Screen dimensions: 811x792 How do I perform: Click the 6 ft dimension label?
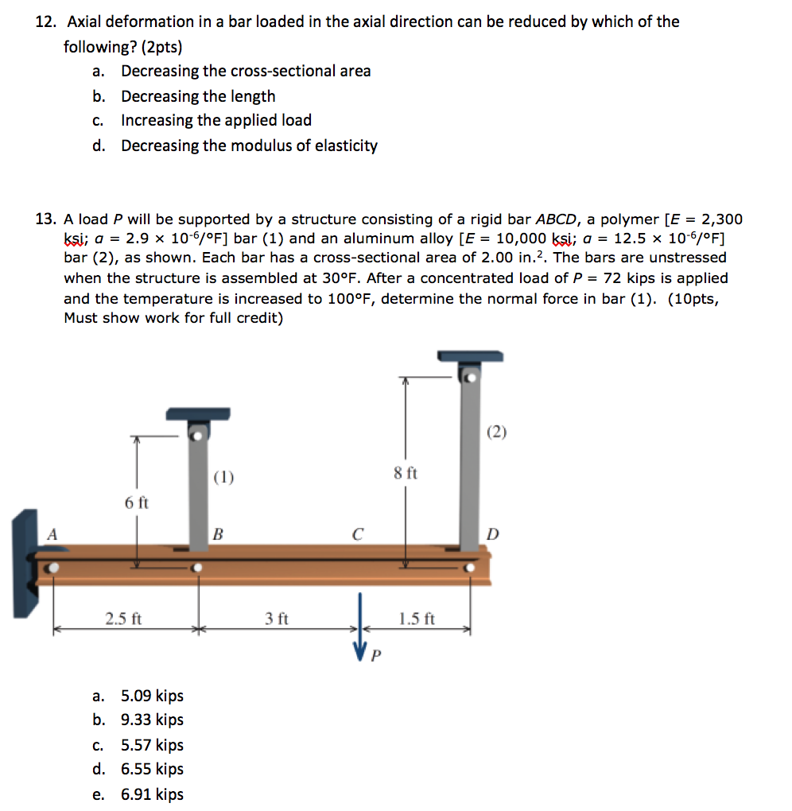tap(136, 503)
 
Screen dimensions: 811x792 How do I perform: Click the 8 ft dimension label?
tap(406, 473)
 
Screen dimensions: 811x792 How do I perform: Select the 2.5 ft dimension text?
tap(124, 618)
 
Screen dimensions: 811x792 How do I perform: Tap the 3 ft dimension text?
tap(277, 618)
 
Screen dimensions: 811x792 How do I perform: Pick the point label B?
tap(216, 534)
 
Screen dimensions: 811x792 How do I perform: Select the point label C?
tap(357, 534)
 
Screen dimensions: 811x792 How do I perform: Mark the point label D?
tap(493, 534)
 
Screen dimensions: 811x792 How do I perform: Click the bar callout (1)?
tap(224, 477)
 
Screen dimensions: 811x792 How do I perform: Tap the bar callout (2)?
tap(495, 432)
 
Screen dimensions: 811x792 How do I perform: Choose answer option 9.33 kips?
tap(152, 720)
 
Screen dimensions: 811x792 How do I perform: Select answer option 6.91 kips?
tap(152, 794)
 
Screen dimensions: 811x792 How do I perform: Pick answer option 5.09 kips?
tap(152, 696)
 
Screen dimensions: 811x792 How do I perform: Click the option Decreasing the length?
tap(198, 96)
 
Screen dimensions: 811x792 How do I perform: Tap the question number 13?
tap(46, 219)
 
